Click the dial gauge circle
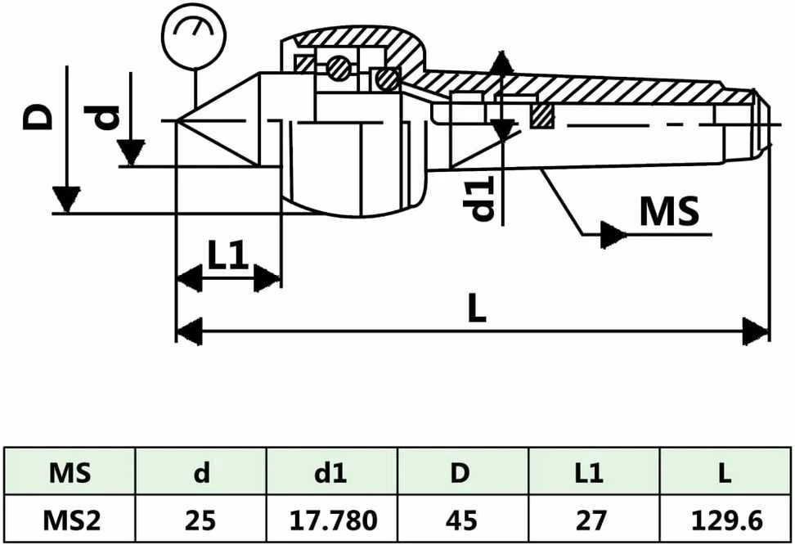(194, 35)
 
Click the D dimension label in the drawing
(38, 118)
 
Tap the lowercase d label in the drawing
(102, 118)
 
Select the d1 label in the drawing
(483, 198)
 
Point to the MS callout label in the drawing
(669, 210)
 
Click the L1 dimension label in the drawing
(228, 254)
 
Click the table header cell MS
(70, 473)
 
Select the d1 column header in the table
(330, 473)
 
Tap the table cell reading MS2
(71, 520)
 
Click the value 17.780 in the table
(333, 520)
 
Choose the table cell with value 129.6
(726, 520)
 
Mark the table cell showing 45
(462, 520)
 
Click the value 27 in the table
(591, 520)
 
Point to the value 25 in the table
(200, 520)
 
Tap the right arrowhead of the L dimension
(756, 331)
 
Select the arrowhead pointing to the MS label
(613, 234)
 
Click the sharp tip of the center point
(176, 120)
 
